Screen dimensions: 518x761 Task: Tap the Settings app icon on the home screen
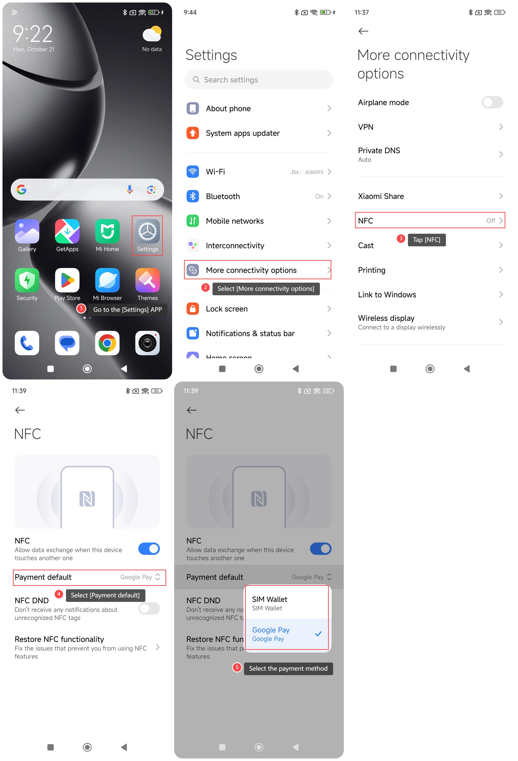click(147, 231)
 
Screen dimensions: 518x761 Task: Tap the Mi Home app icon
click(107, 231)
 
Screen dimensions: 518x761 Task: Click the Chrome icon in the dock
click(107, 343)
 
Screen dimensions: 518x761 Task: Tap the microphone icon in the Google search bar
click(130, 189)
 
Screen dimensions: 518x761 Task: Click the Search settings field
click(259, 80)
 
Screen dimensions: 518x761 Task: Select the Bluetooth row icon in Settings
click(193, 196)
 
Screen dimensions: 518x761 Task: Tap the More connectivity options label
click(251, 270)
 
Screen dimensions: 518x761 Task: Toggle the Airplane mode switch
click(492, 102)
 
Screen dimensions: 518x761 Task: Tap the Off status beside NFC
click(490, 221)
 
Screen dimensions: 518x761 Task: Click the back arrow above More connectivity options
click(363, 31)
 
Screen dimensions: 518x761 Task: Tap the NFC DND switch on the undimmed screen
click(149, 608)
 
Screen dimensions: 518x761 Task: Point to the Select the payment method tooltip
click(288, 668)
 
